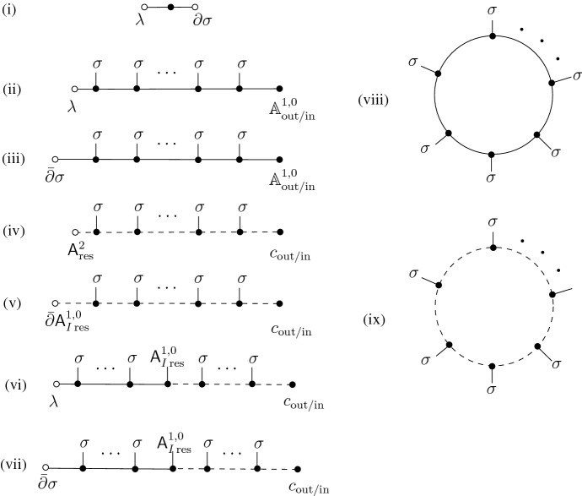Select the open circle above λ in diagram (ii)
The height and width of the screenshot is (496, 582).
(74, 88)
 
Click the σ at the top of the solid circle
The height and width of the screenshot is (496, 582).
(492, 10)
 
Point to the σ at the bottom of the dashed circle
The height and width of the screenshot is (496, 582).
(492, 394)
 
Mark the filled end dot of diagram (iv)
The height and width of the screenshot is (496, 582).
(280, 232)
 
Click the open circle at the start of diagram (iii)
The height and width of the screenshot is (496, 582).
(54, 159)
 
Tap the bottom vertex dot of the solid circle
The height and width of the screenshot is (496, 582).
(492, 155)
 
